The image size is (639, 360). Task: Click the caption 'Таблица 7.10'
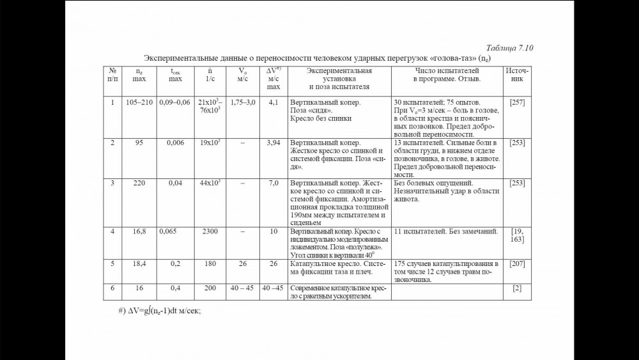509,48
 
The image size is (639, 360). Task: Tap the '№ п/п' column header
112,75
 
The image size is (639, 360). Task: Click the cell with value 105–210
139,102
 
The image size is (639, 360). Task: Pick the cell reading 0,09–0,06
174,102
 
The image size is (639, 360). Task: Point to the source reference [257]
517,102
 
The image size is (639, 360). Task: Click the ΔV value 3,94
273,143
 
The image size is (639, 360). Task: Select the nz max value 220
139,184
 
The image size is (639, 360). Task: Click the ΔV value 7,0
273,184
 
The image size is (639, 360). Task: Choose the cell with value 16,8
139,231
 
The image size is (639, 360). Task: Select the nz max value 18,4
139,263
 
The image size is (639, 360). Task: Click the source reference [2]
517,288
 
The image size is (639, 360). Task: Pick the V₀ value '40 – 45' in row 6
242,288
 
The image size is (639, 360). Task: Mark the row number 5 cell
112,263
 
